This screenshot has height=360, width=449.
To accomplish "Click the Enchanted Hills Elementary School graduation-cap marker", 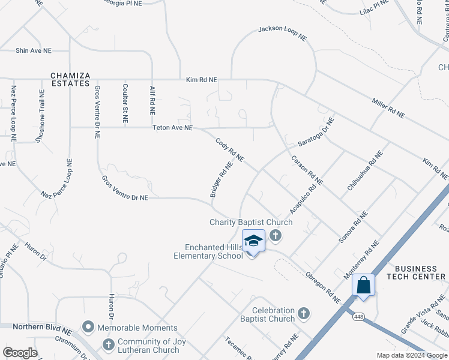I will [253, 241].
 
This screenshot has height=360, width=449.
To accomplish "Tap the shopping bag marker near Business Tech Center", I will [364, 286].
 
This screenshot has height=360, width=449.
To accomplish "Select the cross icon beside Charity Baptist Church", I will [276, 235].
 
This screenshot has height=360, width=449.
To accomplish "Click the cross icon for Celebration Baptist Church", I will [304, 313].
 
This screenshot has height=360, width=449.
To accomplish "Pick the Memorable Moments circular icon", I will [89, 328].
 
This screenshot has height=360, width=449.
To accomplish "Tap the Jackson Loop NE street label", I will [282, 32].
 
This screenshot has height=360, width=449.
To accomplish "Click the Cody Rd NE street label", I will [230, 150].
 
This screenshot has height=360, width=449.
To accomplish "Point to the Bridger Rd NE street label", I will [221, 179].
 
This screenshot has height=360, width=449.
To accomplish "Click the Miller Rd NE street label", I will [388, 107].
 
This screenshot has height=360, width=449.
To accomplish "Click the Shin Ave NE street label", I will [34, 51].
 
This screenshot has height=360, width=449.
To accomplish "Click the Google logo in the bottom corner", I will [20, 352].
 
